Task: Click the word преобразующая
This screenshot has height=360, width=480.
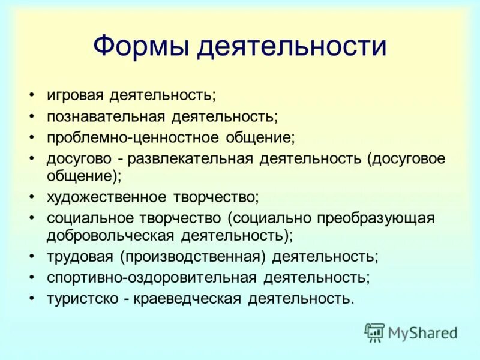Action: click(x=375, y=218)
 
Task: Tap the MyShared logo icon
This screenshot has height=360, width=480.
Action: click(x=374, y=332)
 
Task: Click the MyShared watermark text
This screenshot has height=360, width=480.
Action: click(x=422, y=332)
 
